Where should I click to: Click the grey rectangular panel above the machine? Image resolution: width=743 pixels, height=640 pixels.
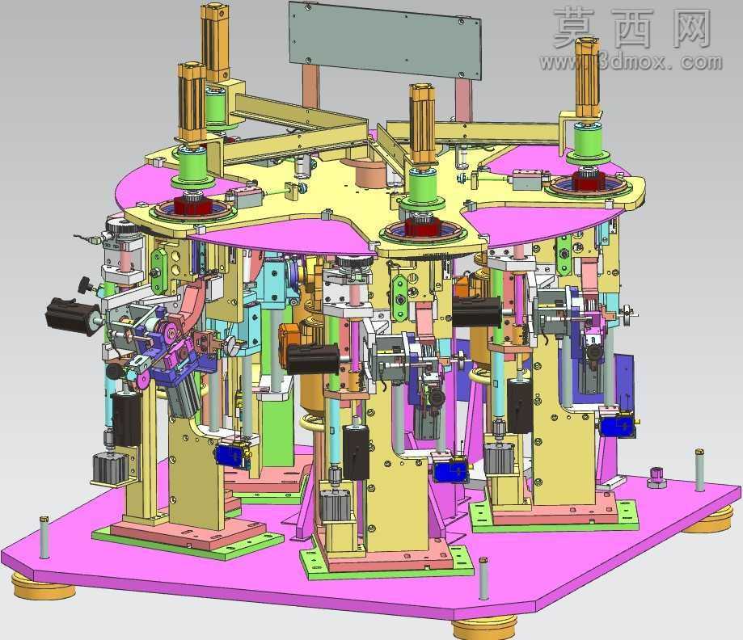[x=385, y=40]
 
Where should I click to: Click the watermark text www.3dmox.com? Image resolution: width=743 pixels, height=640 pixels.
[x=631, y=62]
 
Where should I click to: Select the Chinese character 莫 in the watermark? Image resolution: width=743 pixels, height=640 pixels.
[x=574, y=28]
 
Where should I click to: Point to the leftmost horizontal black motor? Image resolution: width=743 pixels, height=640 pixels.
[x=70, y=316]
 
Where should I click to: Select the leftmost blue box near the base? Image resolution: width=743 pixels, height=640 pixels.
[x=232, y=456]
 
